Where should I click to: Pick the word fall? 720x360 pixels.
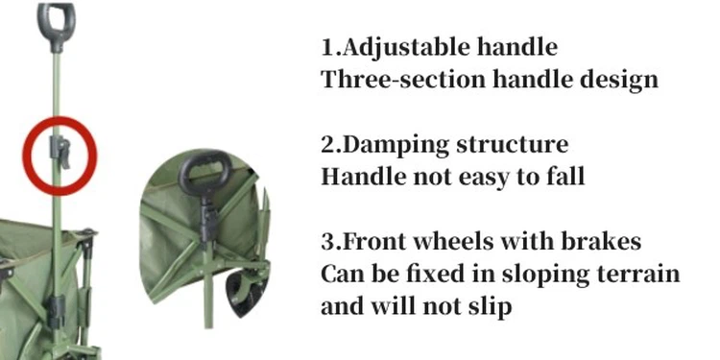562,177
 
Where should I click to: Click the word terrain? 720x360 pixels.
636,275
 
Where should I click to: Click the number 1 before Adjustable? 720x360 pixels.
326,48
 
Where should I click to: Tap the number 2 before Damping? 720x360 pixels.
327,146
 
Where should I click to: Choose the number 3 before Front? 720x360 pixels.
327,243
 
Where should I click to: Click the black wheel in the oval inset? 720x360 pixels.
235,293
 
